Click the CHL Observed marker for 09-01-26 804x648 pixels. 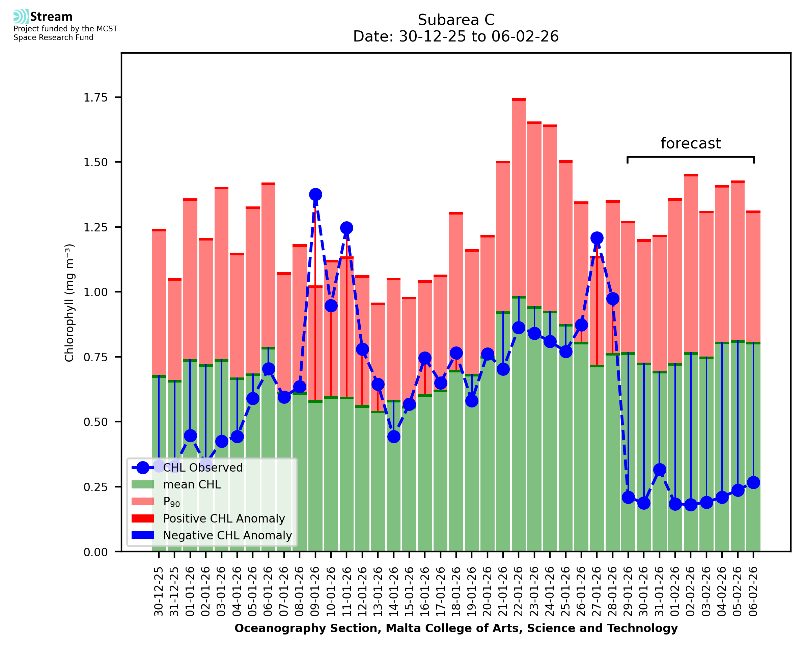[x=315, y=195]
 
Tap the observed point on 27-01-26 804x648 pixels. [x=597, y=238]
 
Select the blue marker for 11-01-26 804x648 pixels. [x=346, y=228]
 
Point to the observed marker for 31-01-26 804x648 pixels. [x=659, y=470]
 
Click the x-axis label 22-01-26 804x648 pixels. [x=519, y=591]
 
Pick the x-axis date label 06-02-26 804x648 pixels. [x=753, y=591]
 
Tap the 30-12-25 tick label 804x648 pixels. [x=159, y=591]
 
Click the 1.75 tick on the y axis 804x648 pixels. [x=95, y=98]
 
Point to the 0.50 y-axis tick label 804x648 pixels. [x=95, y=422]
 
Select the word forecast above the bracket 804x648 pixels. [x=691, y=143]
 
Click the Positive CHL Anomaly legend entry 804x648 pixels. [x=224, y=518]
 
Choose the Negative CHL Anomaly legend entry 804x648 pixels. [x=227, y=535]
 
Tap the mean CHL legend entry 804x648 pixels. [x=192, y=484]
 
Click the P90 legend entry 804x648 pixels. [x=171, y=502]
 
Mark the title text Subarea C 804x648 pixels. [x=456, y=20]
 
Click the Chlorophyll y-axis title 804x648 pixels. [x=70, y=303]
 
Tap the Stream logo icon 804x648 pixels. [x=21, y=17]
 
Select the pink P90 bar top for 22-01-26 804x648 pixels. [x=519, y=100]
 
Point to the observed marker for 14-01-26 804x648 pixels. [x=393, y=437]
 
